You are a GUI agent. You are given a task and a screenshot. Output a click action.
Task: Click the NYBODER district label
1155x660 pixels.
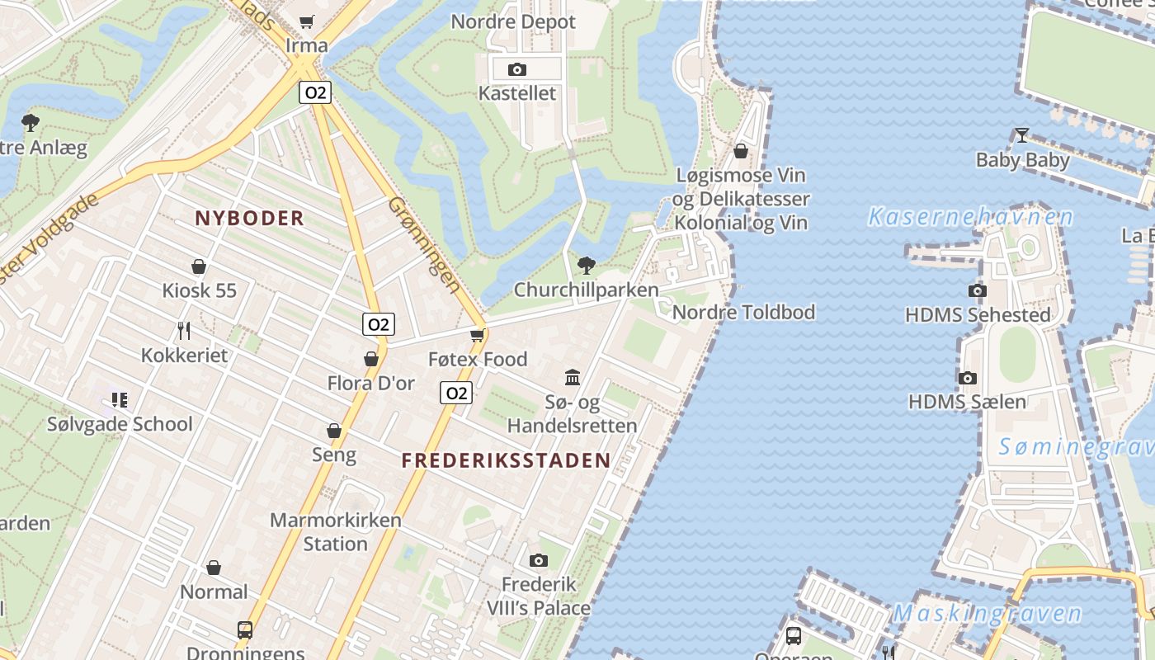250,219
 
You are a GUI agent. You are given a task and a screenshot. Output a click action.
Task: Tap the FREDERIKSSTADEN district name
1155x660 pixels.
507,461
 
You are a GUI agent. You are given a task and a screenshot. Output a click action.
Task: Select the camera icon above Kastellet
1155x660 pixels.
517,69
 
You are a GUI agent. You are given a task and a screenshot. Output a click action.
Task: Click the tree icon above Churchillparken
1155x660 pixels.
587,265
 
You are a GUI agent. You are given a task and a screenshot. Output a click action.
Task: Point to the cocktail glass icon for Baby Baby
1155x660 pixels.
1021,135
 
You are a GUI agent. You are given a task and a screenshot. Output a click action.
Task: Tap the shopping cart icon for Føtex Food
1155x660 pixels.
477,335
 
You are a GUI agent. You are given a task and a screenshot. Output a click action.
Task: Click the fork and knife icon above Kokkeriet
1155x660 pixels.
184,331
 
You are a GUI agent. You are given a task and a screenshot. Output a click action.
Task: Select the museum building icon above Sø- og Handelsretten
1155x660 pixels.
573,377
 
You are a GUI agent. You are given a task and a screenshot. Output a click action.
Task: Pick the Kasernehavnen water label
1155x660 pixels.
970,217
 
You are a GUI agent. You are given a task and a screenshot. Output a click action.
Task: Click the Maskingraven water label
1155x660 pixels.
987,614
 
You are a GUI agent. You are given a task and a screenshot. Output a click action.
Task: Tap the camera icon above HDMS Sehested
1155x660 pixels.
978,290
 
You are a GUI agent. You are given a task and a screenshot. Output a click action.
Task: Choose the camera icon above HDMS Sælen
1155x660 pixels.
968,378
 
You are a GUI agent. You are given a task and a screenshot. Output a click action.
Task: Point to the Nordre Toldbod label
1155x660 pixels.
743,312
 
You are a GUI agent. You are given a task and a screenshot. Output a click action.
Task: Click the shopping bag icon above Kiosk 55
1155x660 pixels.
199,266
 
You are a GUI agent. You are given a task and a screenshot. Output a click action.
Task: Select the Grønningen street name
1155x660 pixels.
423,245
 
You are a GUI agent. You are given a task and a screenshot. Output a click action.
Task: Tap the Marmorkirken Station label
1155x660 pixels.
336,532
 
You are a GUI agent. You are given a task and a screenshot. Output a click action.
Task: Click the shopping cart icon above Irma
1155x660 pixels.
307,21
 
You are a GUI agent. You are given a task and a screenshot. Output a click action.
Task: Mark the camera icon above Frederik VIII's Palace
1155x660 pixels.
539,561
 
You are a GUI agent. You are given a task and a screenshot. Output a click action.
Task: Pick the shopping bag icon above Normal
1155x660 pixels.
214,568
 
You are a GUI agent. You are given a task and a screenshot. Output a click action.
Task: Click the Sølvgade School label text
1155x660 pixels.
120,424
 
